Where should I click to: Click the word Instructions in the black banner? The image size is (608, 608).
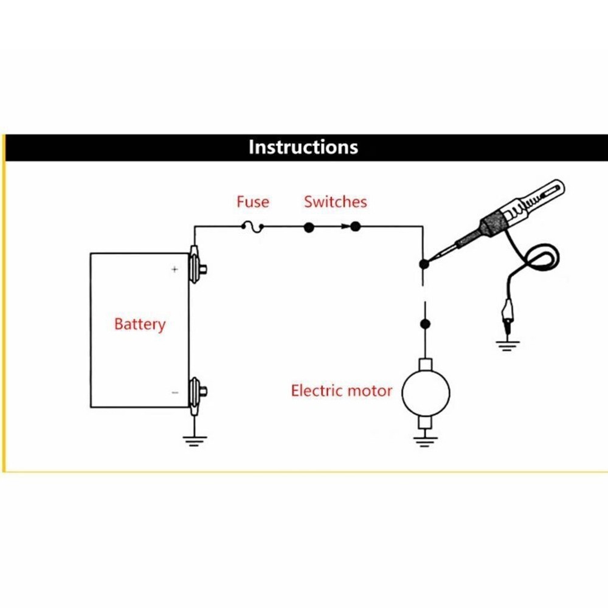click(303, 148)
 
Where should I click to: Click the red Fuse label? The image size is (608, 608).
click(253, 201)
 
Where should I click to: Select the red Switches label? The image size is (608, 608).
click(336, 201)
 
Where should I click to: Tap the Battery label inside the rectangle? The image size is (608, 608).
click(140, 324)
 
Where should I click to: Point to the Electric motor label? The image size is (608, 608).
click(342, 390)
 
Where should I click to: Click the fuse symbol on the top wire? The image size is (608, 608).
click(252, 227)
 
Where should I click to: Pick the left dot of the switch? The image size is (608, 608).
click(308, 227)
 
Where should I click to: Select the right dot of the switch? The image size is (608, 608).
click(356, 227)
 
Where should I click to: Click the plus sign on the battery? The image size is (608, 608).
click(174, 269)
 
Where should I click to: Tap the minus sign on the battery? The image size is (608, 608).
click(174, 393)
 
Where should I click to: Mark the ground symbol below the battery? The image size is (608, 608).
click(194, 441)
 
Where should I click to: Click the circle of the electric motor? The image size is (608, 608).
click(426, 390)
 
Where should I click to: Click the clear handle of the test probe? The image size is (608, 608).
click(539, 198)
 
